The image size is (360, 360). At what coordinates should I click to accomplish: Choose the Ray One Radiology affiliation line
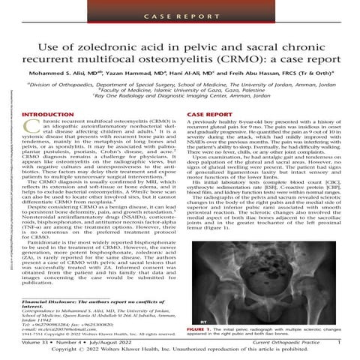click(x=180, y=104)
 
